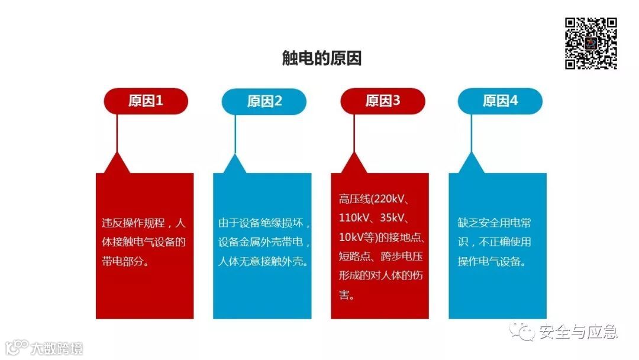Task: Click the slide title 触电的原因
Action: [x=321, y=59]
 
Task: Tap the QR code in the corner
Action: [x=590, y=43]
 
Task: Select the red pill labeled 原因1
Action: [x=146, y=101]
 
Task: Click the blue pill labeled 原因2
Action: [x=264, y=101]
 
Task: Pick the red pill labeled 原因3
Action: [x=383, y=101]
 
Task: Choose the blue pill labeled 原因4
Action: [x=500, y=101]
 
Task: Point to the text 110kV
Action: [x=354, y=218]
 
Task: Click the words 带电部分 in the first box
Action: [x=122, y=261]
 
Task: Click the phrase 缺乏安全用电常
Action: [x=494, y=223]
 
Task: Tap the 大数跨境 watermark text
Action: [x=57, y=348]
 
